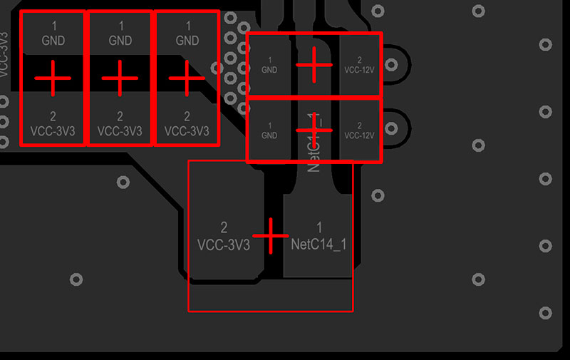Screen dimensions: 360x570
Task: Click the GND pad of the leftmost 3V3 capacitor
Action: click(x=53, y=34)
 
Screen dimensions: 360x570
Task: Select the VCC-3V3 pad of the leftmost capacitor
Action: click(x=53, y=123)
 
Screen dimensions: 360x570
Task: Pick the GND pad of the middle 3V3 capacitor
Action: click(x=120, y=34)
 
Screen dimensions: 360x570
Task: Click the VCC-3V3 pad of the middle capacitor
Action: click(x=120, y=123)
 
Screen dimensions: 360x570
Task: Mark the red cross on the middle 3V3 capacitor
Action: click(x=119, y=78)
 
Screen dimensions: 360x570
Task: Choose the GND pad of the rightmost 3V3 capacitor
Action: click(x=187, y=34)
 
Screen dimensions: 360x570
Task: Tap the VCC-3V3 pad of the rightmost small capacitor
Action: click(x=187, y=123)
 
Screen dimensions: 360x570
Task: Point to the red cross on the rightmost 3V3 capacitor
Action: click(x=187, y=78)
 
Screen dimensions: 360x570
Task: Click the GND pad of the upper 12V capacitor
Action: click(x=269, y=65)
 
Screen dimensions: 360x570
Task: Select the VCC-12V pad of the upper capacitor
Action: click(x=359, y=65)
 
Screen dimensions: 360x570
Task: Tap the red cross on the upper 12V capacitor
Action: click(x=313, y=65)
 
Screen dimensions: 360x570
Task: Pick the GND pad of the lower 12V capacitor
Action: click(x=269, y=130)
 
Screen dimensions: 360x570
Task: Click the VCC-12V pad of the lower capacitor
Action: click(x=359, y=130)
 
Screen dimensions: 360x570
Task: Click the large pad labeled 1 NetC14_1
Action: click(x=318, y=236)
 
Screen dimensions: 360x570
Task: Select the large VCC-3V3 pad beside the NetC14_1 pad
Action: click(x=224, y=236)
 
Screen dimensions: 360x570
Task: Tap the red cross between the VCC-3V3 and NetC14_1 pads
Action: click(x=271, y=235)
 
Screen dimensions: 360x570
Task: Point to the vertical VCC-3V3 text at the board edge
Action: click(x=5, y=53)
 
